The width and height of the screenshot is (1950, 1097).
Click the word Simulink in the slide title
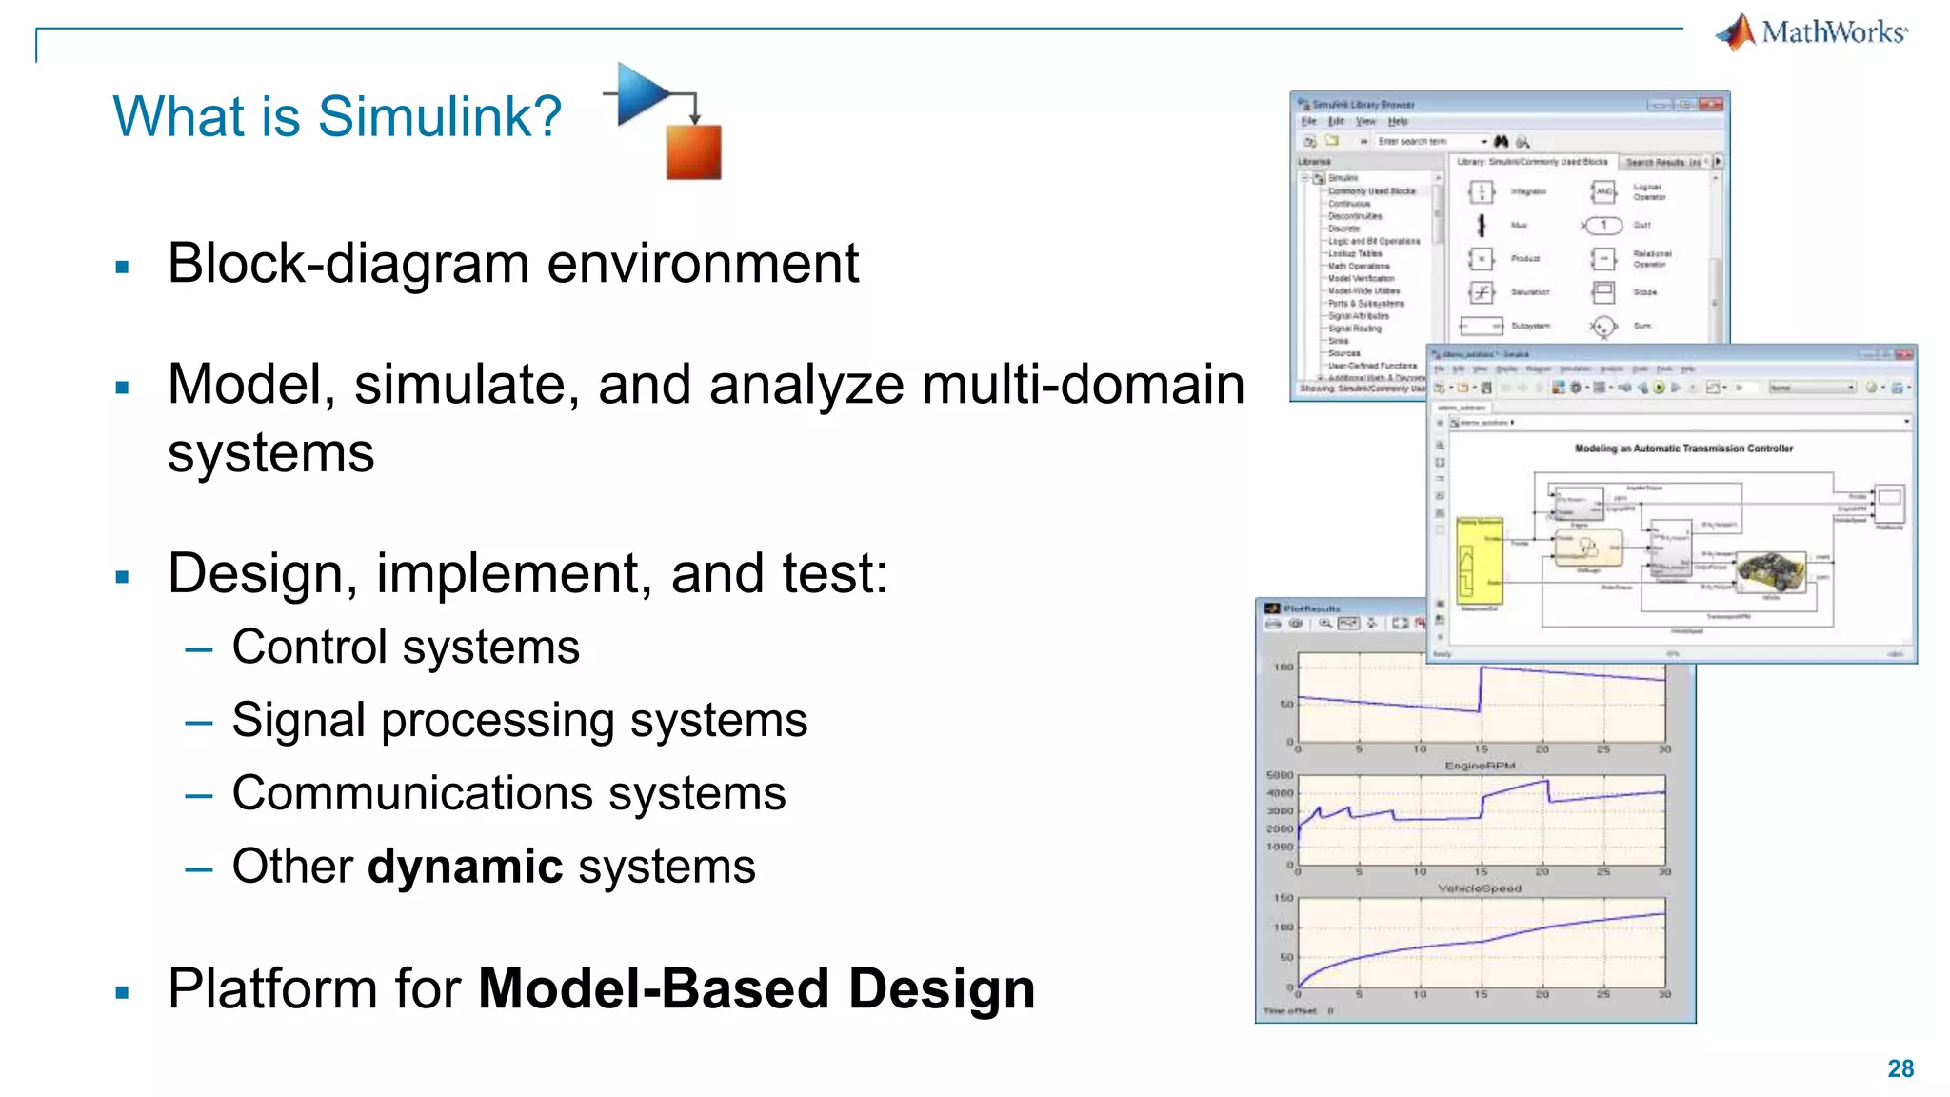point(439,117)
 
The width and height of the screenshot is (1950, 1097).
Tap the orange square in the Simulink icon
point(693,151)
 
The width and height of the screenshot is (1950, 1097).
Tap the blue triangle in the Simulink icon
point(640,94)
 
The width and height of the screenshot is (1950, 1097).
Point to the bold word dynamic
point(466,867)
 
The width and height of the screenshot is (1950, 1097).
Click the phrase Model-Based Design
point(756,988)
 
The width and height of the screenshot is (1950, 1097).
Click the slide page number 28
point(1900,1068)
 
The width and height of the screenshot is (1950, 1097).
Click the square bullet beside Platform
point(122,992)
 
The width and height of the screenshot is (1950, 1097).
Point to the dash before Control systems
point(199,649)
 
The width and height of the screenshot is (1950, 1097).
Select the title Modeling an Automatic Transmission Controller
point(1683,449)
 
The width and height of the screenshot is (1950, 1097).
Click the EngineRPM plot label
point(1480,766)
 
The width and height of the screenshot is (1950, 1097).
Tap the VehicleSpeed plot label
point(1480,888)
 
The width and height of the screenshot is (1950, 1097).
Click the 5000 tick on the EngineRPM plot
point(1280,775)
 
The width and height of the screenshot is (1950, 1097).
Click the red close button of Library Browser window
point(1711,104)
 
